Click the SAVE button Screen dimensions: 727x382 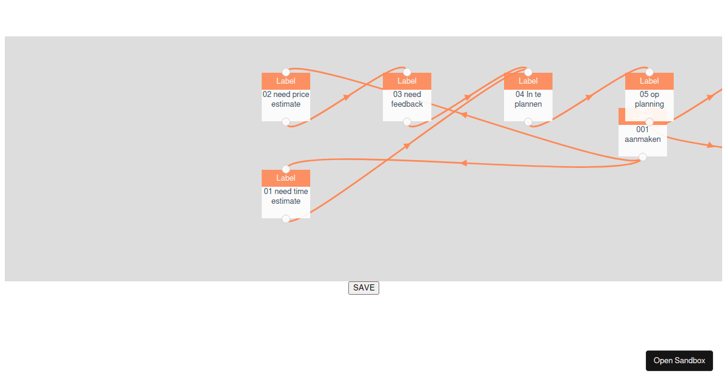point(363,288)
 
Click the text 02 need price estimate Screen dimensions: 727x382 point(285,99)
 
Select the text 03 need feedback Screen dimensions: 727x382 point(407,99)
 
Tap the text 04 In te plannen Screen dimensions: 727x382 point(528,99)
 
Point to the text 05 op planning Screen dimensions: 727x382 point(649,99)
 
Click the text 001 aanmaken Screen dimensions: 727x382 point(642,134)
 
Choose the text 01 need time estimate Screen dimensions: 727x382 point(285,196)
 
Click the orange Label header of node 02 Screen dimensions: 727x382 point(285,81)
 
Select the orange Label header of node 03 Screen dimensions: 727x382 point(407,81)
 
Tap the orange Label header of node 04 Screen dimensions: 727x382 point(528,81)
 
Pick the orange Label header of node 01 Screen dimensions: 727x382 point(285,178)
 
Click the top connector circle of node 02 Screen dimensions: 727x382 point(285,72)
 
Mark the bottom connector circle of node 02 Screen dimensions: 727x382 point(285,122)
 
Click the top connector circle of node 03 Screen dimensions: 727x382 point(407,72)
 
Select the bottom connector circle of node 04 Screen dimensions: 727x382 point(528,122)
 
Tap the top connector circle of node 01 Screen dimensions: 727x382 point(285,169)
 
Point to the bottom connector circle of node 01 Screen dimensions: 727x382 point(285,219)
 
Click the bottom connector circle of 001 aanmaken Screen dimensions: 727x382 point(643,157)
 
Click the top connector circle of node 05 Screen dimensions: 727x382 point(649,72)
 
